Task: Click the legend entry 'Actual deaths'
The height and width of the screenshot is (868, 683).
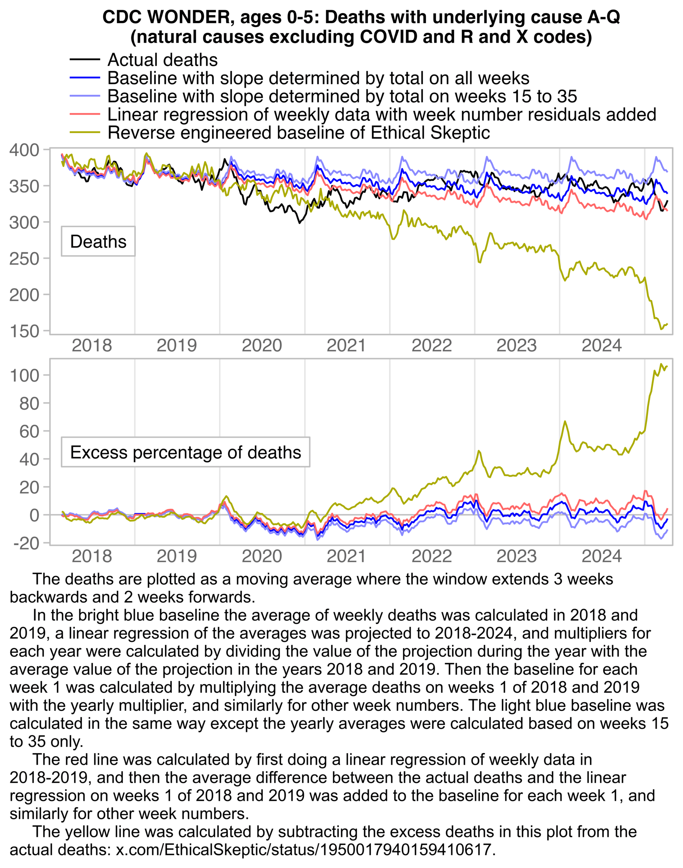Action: tap(162, 60)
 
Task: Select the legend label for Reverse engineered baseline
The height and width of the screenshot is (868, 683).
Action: tap(299, 133)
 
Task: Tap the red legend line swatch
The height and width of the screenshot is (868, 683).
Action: tap(85, 114)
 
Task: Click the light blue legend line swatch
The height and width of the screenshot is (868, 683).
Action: tap(85, 96)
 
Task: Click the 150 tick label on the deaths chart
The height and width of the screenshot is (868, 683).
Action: tap(24, 331)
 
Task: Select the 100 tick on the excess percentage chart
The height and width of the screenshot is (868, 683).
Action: tap(24, 375)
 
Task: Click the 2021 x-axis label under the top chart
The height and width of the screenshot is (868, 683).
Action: tap(346, 345)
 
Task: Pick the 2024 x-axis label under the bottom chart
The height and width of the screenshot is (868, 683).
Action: tap(601, 556)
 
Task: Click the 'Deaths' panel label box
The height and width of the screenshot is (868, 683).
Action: tap(98, 241)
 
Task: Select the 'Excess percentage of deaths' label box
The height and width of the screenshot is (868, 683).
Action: tap(185, 452)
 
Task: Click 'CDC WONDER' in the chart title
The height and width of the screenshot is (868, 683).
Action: tap(169, 17)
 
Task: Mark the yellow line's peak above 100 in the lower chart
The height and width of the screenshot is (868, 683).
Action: tap(661, 364)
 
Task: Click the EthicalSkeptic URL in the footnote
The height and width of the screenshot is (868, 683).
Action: tap(305, 849)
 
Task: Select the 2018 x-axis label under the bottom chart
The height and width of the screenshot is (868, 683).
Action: tap(92, 556)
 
